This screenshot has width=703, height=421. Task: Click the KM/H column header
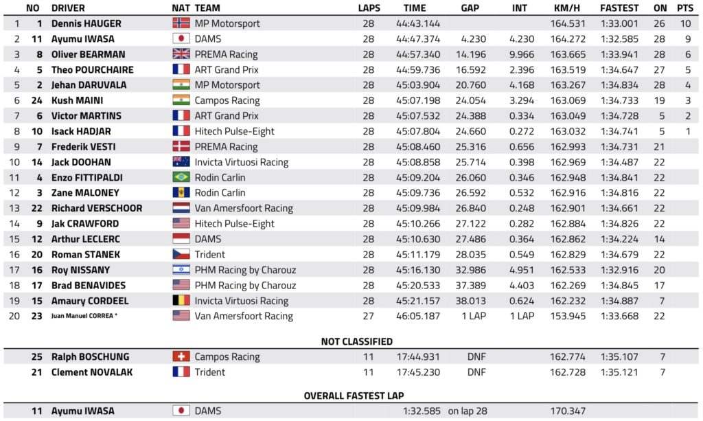pos(568,8)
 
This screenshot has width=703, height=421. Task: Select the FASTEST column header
pos(619,8)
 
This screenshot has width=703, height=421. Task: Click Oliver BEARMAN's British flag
pos(181,54)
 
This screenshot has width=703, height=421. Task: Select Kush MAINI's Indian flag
pos(181,100)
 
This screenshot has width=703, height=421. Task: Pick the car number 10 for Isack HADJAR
pos(37,131)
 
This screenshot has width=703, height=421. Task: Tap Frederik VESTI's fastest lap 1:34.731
pos(619,146)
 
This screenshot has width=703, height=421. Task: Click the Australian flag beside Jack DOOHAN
pos(181,162)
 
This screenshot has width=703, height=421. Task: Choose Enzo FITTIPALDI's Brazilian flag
pos(181,177)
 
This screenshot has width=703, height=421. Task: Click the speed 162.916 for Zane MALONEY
pos(568,193)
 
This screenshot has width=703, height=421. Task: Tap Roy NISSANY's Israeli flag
pos(181,270)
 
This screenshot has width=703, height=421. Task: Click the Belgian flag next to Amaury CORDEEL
pos(181,301)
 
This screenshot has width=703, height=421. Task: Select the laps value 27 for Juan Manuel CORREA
pos(369,316)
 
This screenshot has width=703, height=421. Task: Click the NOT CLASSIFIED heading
pos(357,341)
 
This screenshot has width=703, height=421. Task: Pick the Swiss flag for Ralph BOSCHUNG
pos(181,356)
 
